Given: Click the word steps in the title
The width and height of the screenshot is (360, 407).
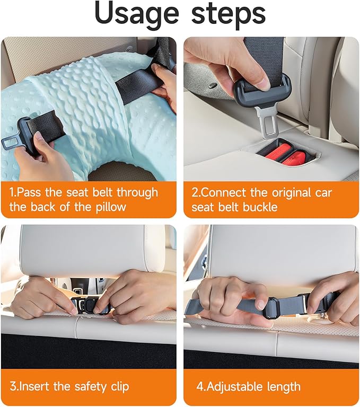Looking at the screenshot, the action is pyautogui.click(x=229, y=13).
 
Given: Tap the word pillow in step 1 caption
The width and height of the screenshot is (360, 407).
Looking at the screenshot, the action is pyautogui.click(x=111, y=207).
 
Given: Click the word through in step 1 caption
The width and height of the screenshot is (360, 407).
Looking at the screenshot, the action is pyautogui.click(x=137, y=193).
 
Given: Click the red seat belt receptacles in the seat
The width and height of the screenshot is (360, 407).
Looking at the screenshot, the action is pyautogui.click(x=283, y=155).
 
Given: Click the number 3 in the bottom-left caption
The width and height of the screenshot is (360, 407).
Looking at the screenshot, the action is pyautogui.click(x=13, y=386).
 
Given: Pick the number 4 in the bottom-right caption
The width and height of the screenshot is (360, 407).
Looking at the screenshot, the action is pyautogui.click(x=200, y=386).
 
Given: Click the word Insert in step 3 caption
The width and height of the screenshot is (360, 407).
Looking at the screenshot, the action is pyautogui.click(x=34, y=386).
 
